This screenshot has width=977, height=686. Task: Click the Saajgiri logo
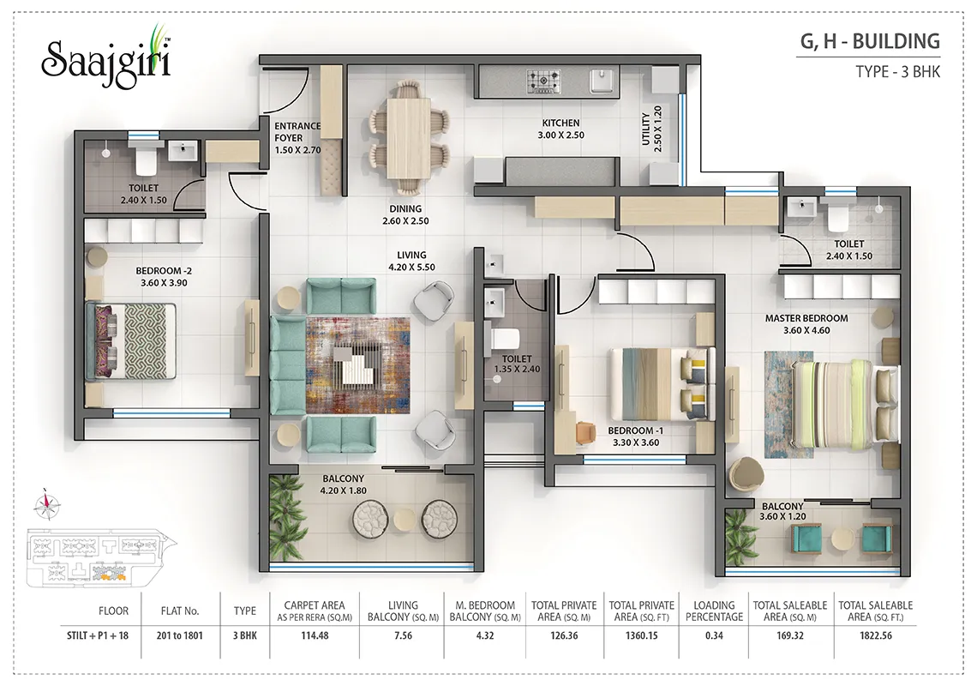pos(106,58)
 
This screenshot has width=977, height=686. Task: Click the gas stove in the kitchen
pos(543,81)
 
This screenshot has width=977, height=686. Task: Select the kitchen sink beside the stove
pos(602,81)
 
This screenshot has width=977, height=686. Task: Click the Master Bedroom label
pos(806,318)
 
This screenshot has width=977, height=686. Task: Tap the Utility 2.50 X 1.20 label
pos(651,129)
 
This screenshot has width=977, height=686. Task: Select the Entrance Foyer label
pos(298,131)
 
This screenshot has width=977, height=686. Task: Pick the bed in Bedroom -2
pos(131,341)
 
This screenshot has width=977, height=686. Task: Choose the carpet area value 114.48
pos(315,635)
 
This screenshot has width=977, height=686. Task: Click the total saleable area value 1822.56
pos(875,635)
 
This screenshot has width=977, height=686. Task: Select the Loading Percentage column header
pos(714,611)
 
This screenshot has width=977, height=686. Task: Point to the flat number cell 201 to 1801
pos(179,635)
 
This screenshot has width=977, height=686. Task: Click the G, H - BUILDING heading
pos(870,41)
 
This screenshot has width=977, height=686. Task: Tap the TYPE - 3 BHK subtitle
pos(898,72)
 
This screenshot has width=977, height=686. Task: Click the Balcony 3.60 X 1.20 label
pos(782,511)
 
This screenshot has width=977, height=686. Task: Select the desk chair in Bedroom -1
pos(585,432)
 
